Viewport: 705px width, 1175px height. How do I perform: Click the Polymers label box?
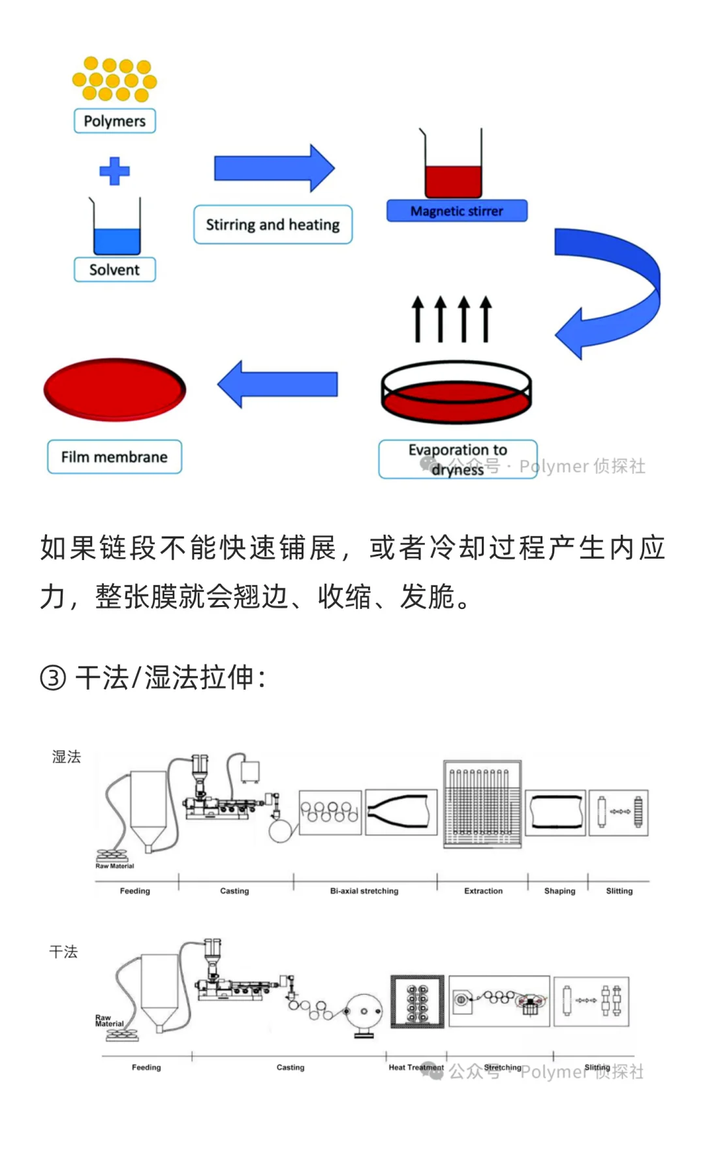pyautogui.click(x=115, y=121)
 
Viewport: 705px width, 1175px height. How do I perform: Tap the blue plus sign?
pyautogui.click(x=114, y=171)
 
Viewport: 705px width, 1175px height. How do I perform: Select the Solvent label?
pyautogui.click(x=115, y=270)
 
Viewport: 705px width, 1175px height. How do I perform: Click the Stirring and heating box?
pyautogui.click(x=273, y=225)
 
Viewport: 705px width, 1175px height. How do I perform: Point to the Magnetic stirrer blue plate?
pyautogui.click(x=456, y=211)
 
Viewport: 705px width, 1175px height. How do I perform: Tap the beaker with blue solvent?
pyautogui.click(x=116, y=232)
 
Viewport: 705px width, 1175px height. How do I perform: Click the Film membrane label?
pyautogui.click(x=114, y=457)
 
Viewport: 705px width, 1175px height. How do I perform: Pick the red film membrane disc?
pyautogui.click(x=115, y=389)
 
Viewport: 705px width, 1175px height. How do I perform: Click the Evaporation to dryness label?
pyautogui.click(x=458, y=459)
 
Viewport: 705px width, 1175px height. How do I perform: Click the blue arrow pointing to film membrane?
pyautogui.click(x=279, y=384)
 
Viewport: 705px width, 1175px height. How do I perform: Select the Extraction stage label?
pyautogui.click(x=483, y=891)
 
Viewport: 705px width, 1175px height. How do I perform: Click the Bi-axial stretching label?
pyautogui.click(x=364, y=891)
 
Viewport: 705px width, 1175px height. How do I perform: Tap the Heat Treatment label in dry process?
pyautogui.click(x=415, y=1067)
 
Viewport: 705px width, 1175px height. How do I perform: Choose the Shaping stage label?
pyautogui.click(x=559, y=891)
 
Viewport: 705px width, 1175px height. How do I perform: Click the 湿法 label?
pyautogui.click(x=67, y=757)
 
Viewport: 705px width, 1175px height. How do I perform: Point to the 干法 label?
pyautogui.click(x=63, y=952)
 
